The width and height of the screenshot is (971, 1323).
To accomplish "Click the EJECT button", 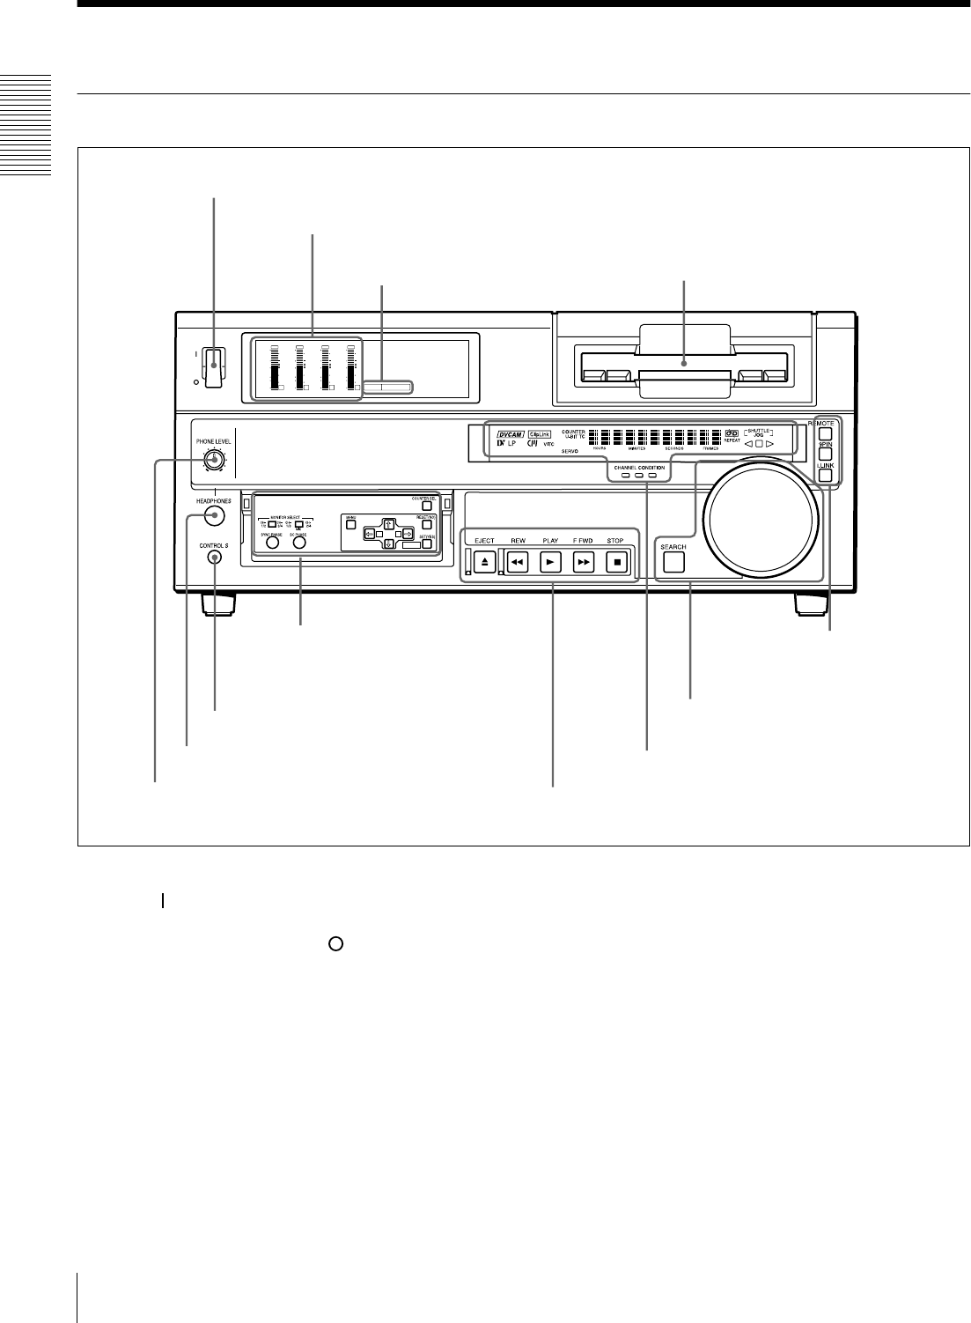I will [x=483, y=561].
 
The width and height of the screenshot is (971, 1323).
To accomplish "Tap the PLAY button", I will [x=550, y=561].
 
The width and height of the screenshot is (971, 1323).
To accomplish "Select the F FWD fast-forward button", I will [x=584, y=561].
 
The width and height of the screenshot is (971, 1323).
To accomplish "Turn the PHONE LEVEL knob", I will [x=212, y=459].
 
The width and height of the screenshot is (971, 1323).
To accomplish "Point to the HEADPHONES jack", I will [x=212, y=516].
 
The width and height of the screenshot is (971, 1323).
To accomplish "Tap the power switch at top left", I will [x=212, y=367].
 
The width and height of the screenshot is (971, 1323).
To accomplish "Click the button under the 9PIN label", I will [x=825, y=455].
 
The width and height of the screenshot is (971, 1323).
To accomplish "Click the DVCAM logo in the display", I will [x=511, y=433].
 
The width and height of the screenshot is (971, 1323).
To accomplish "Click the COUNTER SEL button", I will [x=426, y=506].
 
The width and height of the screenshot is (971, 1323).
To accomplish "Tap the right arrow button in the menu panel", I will [x=408, y=535].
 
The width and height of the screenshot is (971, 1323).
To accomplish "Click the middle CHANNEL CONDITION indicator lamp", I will [x=638, y=476].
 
